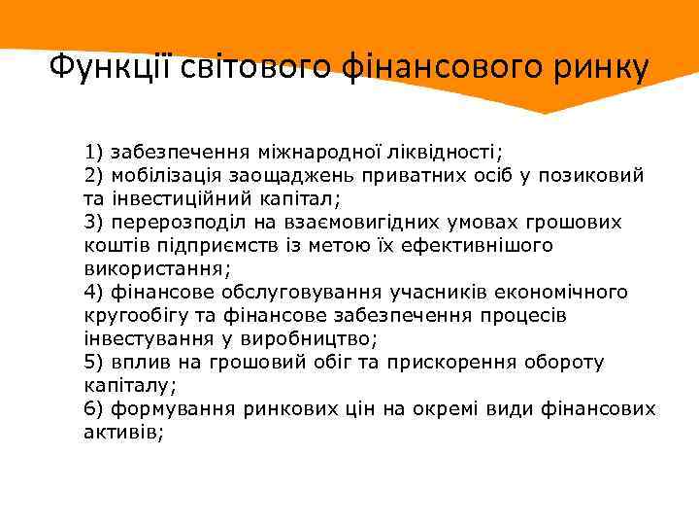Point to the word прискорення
[x=456, y=363]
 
